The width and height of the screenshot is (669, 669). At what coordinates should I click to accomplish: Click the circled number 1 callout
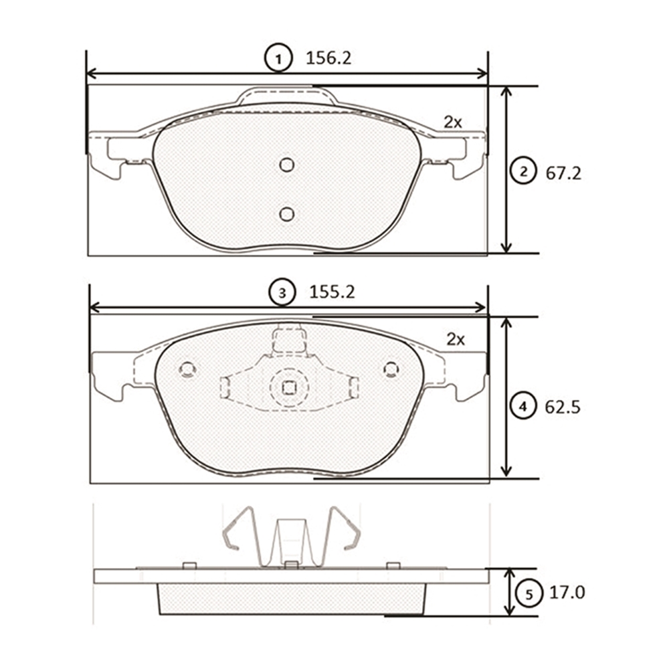(x=278, y=58)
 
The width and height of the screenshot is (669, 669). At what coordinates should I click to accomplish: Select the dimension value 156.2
(x=328, y=58)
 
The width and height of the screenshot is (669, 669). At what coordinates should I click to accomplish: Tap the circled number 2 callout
(x=524, y=171)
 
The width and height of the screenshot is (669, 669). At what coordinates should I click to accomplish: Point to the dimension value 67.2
(x=563, y=173)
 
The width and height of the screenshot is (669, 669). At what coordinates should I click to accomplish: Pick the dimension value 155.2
(x=332, y=292)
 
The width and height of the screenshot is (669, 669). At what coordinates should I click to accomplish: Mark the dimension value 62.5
(x=563, y=407)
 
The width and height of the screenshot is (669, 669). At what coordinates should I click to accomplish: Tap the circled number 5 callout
(x=529, y=593)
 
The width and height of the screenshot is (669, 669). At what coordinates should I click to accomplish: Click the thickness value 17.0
(x=567, y=593)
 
